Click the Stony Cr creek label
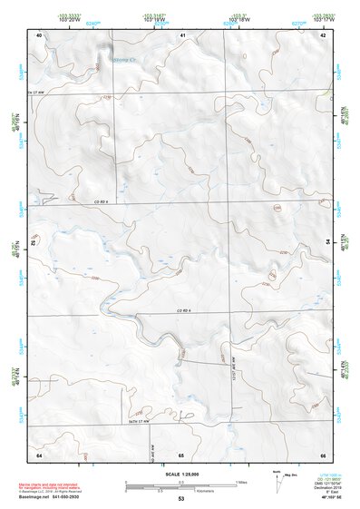click(121, 61)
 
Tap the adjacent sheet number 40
click(39, 34)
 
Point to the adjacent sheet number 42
click(323, 34)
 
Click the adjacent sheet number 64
click(39, 453)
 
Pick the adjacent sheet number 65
click(181, 453)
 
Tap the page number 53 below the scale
click(181, 499)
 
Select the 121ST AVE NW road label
click(234, 367)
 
